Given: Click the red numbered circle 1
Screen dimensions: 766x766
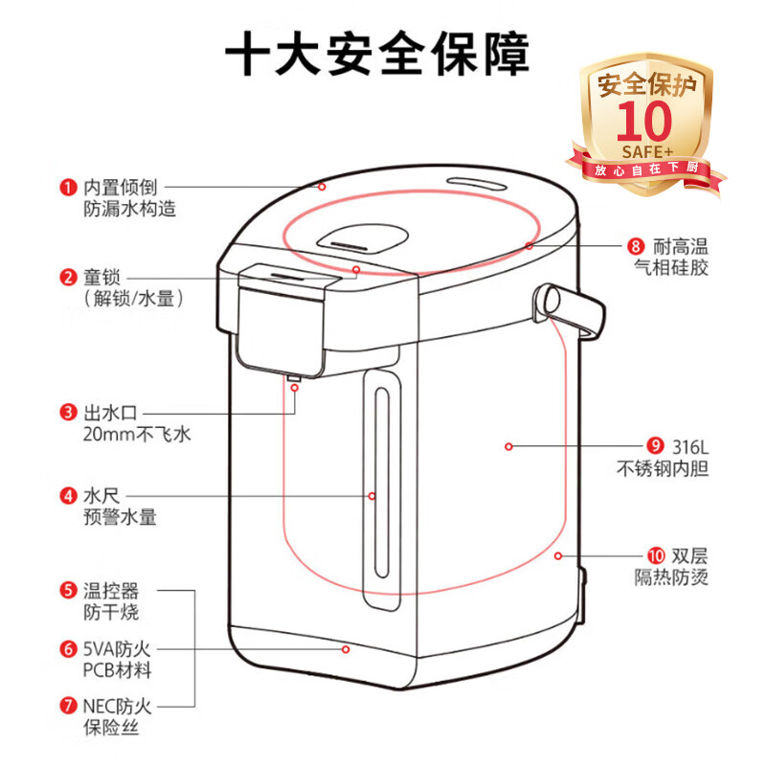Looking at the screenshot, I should [x=68, y=187].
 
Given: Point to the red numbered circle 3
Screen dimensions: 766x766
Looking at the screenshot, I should [x=68, y=413].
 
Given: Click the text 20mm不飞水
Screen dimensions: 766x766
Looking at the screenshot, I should [x=124, y=435].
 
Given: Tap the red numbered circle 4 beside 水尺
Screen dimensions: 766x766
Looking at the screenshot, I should [x=68, y=496].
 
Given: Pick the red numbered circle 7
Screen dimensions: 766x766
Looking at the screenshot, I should [x=68, y=707].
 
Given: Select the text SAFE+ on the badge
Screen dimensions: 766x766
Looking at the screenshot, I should [x=649, y=150].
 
